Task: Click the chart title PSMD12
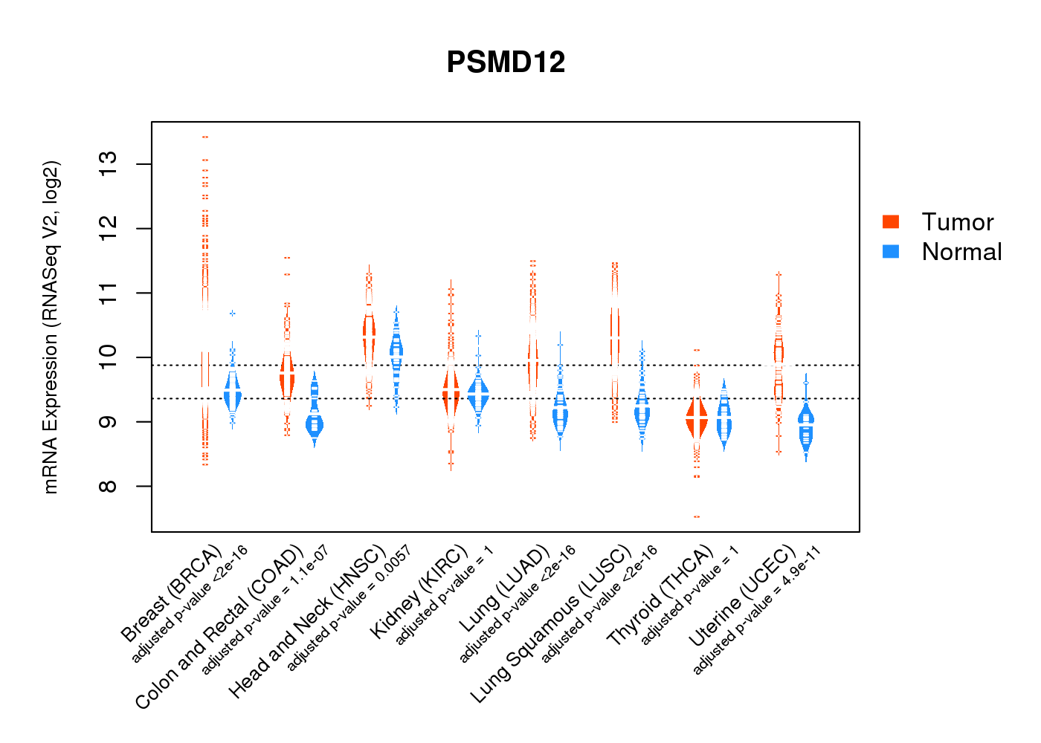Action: click(x=506, y=62)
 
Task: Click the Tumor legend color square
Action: click(x=891, y=221)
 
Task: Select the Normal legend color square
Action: click(x=891, y=251)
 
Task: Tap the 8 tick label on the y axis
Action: click(x=109, y=486)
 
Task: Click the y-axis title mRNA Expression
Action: click(x=51, y=327)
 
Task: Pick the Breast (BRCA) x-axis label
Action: click(x=172, y=594)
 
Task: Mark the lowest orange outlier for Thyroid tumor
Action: click(x=697, y=516)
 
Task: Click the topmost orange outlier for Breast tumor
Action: click(x=204, y=137)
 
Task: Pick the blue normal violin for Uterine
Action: click(x=806, y=427)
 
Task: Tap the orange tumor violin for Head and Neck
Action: click(x=369, y=331)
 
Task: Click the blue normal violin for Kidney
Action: click(x=478, y=394)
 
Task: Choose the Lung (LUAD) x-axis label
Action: click(x=504, y=588)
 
